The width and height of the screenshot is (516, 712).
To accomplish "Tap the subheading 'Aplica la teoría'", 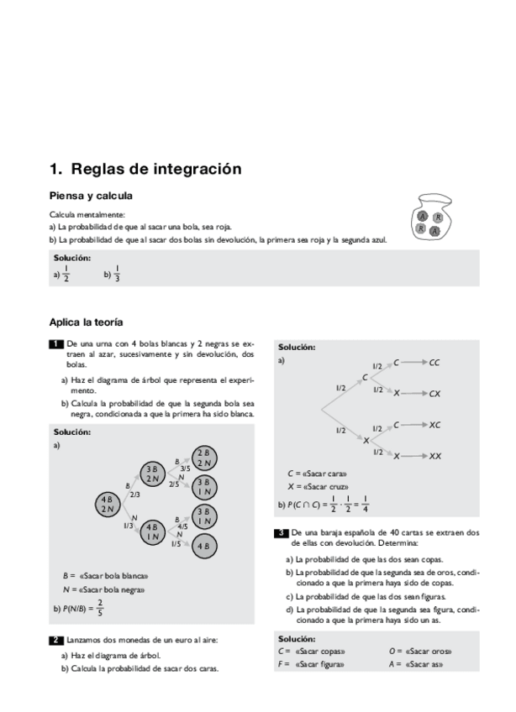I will click(87, 322).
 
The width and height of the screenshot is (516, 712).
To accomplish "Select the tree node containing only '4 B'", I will click(203, 546).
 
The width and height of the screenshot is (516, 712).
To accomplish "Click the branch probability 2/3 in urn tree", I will click(135, 495).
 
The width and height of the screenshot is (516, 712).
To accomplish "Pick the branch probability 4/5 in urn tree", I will click(182, 526).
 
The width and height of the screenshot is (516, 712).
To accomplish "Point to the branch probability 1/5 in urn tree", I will click(176, 544).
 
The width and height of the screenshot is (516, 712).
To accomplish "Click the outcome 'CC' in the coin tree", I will click(434, 364).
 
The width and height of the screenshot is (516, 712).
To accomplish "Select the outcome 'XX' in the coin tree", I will click(435, 456).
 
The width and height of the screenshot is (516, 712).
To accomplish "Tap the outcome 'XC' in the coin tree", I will click(434, 425).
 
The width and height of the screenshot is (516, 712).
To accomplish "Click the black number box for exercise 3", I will click(282, 532).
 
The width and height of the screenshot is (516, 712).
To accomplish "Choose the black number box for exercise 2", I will click(56, 640).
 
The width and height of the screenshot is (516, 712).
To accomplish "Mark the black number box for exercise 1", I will click(56, 344).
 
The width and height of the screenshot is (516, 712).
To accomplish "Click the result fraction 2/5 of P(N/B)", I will click(100, 607).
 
